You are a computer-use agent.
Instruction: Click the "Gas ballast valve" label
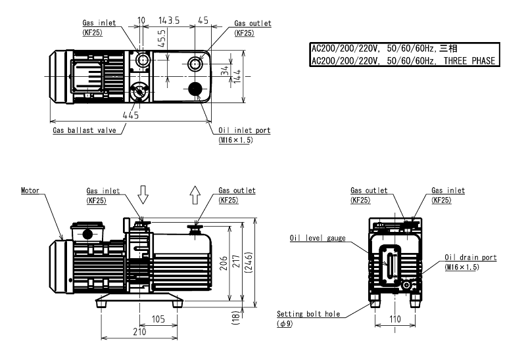84,130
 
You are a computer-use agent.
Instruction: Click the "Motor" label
30,191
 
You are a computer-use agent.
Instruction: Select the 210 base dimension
139,333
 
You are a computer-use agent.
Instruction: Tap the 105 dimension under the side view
158,319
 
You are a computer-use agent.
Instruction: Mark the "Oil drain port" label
470,258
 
